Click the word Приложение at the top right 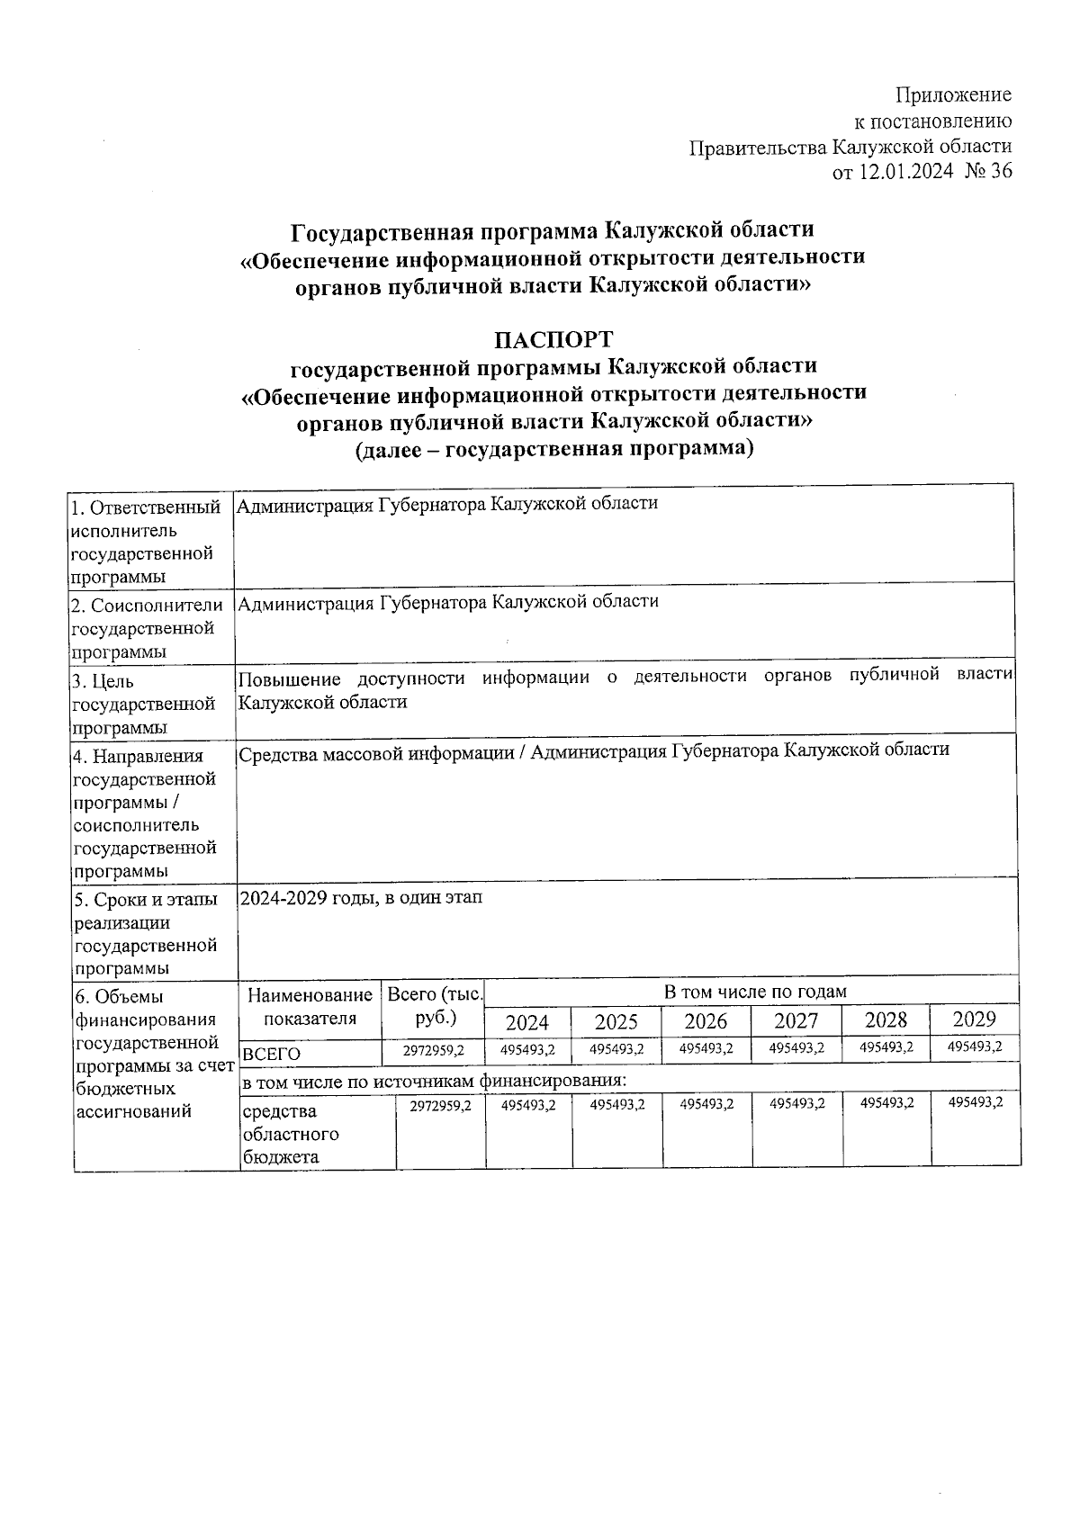pos(953,95)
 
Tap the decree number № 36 pos(987,172)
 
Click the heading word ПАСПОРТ pos(553,340)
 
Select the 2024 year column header pos(526,1021)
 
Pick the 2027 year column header pos(796,1020)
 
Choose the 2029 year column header pos(974,1019)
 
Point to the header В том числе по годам pos(754,992)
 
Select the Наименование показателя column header pos(310,1006)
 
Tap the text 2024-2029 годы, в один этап pos(360,898)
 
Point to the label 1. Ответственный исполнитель pos(145,519)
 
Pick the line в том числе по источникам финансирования pos(433,1080)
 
